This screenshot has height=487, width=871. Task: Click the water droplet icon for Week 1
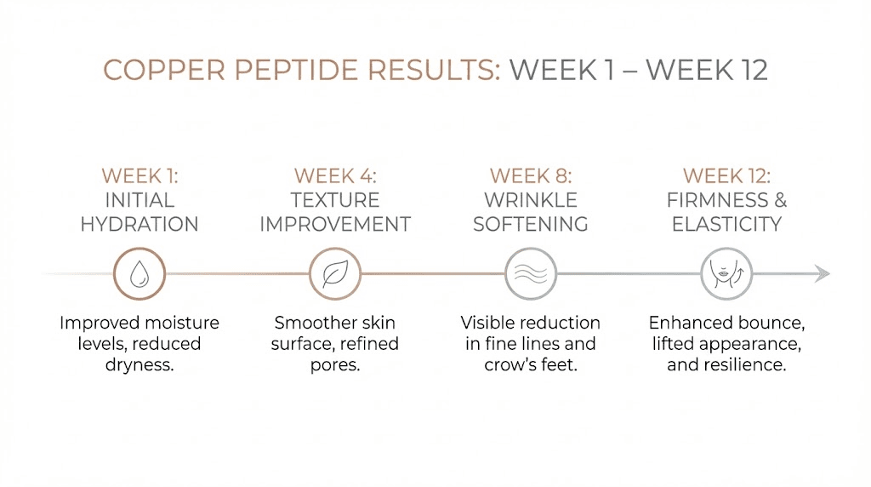pos(139,274)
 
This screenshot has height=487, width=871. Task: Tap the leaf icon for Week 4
pos(335,274)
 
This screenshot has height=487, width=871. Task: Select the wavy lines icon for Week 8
pos(531,274)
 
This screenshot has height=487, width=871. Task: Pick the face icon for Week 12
pos(726,274)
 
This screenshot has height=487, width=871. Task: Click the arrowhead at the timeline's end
pos(821,274)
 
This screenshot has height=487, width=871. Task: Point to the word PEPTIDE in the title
pos(293,70)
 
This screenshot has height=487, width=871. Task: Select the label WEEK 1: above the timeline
pos(139,176)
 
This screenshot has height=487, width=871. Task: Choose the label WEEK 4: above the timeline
pos(335,176)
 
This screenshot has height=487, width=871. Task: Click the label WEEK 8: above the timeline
pos(531,176)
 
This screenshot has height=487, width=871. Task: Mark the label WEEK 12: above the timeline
pos(726,176)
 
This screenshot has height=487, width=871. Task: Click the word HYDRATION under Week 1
pos(139,225)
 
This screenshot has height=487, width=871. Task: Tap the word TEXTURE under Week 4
pos(335,200)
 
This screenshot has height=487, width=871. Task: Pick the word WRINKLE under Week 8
pos(531,200)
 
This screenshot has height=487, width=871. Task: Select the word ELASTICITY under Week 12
pos(726,225)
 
